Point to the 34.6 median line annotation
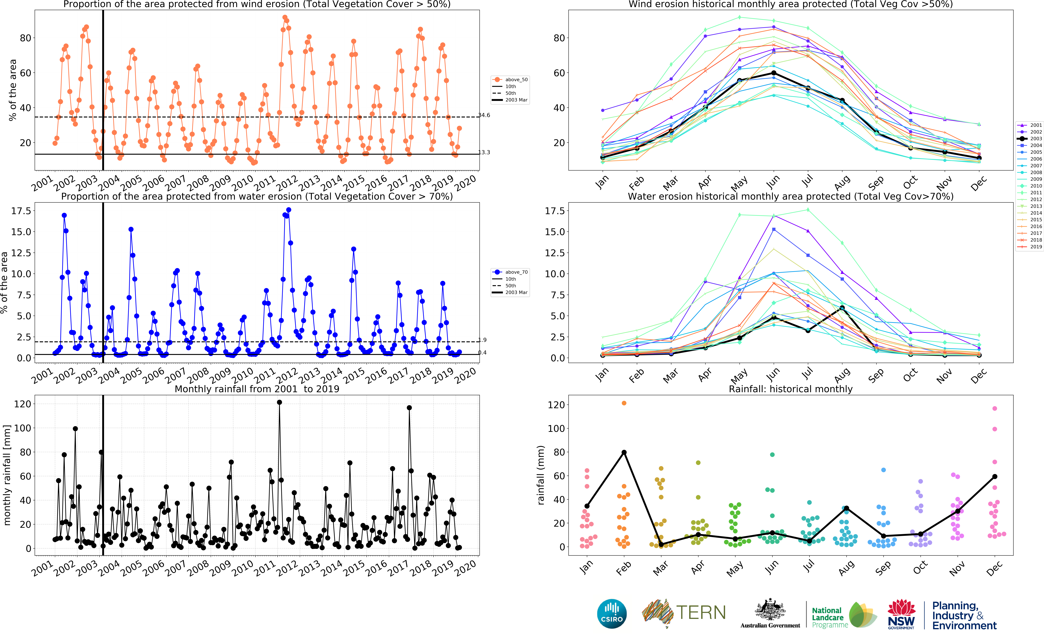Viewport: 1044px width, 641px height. pyautogui.click(x=484, y=115)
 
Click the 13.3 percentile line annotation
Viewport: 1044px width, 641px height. pyautogui.click(x=484, y=152)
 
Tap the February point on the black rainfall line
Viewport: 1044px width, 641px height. pyautogui.click(x=624, y=452)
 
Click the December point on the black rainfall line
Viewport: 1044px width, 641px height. pyautogui.click(x=994, y=476)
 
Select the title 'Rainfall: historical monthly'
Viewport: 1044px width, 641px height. pyautogui.click(x=790, y=389)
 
